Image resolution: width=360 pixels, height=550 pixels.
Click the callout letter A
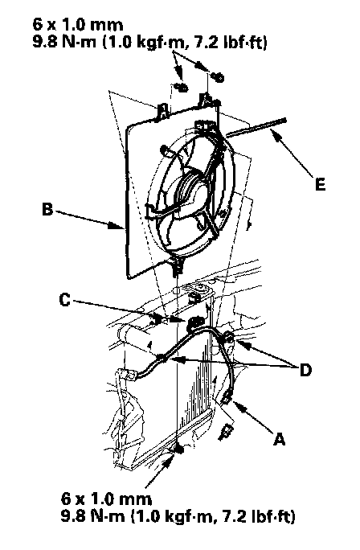point(279,438)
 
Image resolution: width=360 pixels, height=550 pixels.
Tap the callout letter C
point(65,300)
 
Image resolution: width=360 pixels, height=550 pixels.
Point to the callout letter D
point(305,370)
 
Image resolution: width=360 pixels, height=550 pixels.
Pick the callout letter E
point(320,184)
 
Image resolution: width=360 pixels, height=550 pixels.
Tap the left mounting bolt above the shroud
point(182,87)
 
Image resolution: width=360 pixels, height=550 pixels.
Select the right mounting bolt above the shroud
point(218,76)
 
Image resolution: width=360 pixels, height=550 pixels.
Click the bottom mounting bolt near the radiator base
point(178,448)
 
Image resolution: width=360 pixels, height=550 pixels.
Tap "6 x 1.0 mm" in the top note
point(78,25)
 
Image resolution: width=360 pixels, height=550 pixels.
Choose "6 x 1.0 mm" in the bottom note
point(106,499)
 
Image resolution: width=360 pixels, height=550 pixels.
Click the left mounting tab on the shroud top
point(163,110)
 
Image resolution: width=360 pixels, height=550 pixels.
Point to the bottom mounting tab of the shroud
point(178,266)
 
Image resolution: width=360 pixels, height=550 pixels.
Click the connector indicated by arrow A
point(226,399)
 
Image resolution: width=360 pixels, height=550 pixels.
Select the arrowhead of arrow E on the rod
point(276,135)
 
